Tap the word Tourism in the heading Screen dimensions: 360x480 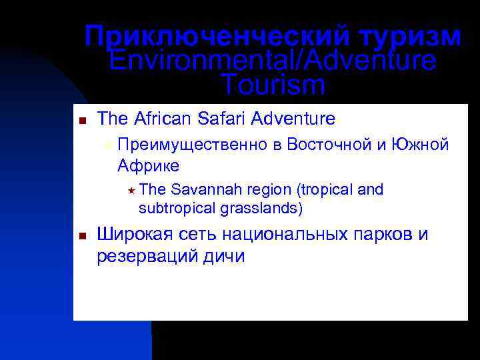273,85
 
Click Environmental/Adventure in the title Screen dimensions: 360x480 273,61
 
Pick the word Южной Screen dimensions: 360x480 422,145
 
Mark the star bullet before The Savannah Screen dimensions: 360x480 131,191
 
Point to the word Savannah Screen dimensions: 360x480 201,190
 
